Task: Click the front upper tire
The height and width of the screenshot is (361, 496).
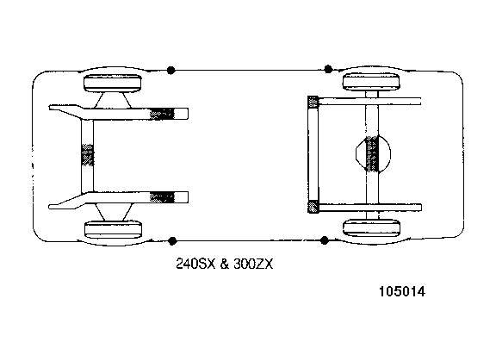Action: pyautogui.click(x=113, y=83)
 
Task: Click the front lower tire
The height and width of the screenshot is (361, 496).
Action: pyautogui.click(x=114, y=229)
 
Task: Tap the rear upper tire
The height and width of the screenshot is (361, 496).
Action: pyautogui.click(x=371, y=82)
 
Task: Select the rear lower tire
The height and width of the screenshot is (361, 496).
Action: pyautogui.click(x=371, y=227)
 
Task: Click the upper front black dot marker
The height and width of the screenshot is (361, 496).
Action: pyautogui.click(x=170, y=70)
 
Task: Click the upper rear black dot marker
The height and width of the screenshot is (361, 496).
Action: pyautogui.click(x=328, y=69)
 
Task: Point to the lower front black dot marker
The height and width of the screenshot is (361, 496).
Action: pyautogui.click(x=172, y=241)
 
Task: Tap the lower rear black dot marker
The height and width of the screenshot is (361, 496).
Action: pyautogui.click(x=325, y=240)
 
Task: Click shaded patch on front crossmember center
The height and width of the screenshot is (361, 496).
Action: pyautogui.click(x=88, y=155)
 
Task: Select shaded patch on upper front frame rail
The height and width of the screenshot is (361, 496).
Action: pyautogui.click(x=162, y=114)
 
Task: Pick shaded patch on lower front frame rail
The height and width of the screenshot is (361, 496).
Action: pyautogui.click(x=162, y=197)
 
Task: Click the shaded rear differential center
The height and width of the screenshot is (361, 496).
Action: pyautogui.click(x=372, y=154)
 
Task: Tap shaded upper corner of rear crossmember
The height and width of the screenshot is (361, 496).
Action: pyautogui.click(x=313, y=102)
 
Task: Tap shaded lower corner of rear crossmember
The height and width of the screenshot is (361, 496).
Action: pyautogui.click(x=313, y=207)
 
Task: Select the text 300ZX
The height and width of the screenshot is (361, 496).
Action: pyautogui.click(x=253, y=264)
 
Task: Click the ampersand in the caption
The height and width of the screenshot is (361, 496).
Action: pyautogui.click(x=224, y=264)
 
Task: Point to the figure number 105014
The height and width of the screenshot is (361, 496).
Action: pyautogui.click(x=402, y=291)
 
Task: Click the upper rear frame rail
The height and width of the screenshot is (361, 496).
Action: pyautogui.click(x=369, y=102)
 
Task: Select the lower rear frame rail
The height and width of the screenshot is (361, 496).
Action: pyautogui.click(x=370, y=208)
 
